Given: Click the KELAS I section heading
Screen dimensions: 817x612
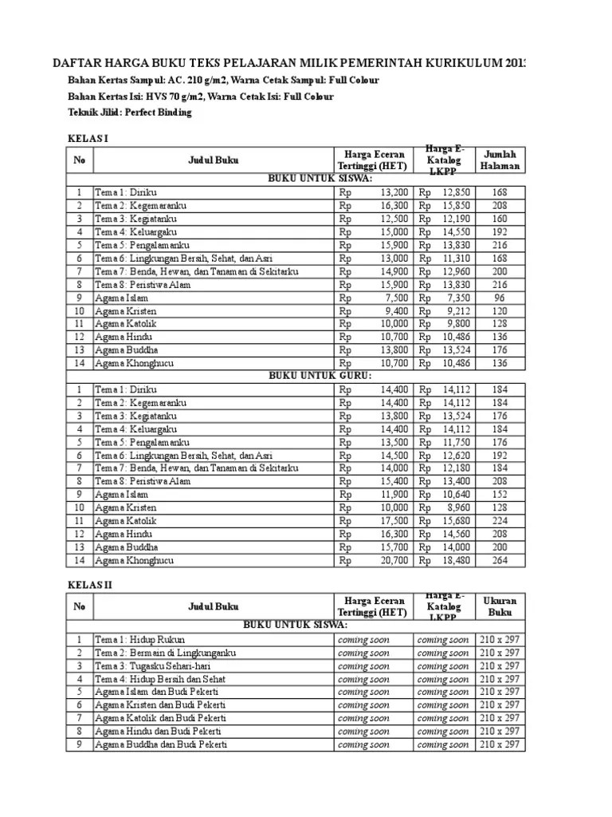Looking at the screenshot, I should click(x=87, y=139).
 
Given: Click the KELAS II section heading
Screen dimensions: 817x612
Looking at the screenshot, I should click(x=88, y=586).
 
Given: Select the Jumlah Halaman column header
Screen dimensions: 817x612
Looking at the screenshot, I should click(x=500, y=160).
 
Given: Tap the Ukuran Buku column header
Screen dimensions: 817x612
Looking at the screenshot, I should click(x=500, y=606).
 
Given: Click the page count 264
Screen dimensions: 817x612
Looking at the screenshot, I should click(x=500, y=560).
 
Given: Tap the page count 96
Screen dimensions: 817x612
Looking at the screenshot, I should click(x=500, y=298).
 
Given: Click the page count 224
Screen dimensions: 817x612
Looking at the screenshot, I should click(x=500, y=520).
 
